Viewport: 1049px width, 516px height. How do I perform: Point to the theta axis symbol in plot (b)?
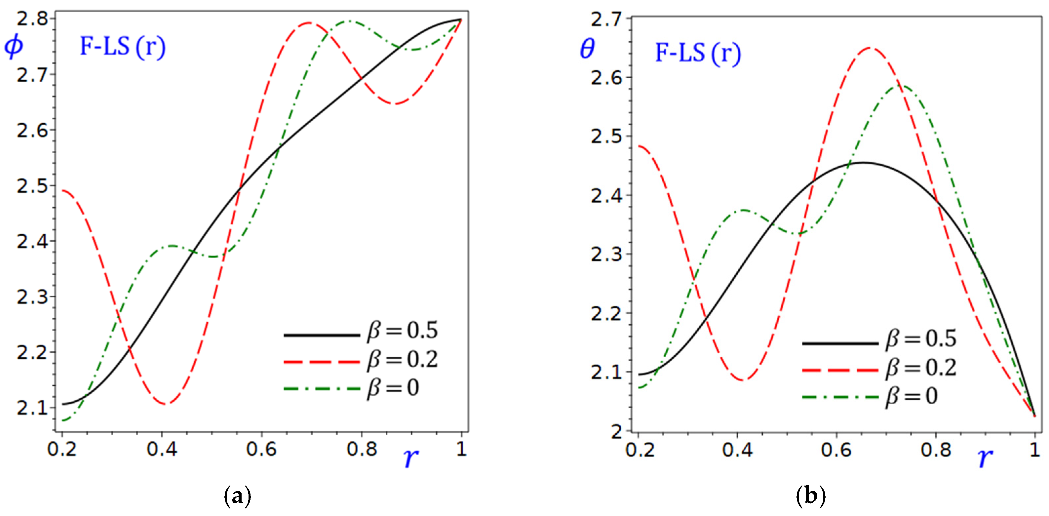[x=587, y=50]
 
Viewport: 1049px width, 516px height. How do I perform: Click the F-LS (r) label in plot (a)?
[x=123, y=46]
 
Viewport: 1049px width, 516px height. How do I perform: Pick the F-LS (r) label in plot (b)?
[x=698, y=53]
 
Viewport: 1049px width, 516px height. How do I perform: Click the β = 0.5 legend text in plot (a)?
[x=402, y=330]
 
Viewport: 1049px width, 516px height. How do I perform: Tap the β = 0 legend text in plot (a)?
[x=393, y=387]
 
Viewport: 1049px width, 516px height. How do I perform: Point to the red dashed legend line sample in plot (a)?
[x=322, y=362]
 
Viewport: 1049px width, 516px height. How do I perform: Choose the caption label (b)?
[x=810, y=496]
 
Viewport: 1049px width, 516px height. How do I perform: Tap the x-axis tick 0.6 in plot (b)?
[x=836, y=450]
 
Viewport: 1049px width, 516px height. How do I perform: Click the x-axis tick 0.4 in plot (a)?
[x=162, y=449]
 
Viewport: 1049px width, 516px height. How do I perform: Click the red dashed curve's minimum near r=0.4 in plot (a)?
[x=165, y=404]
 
